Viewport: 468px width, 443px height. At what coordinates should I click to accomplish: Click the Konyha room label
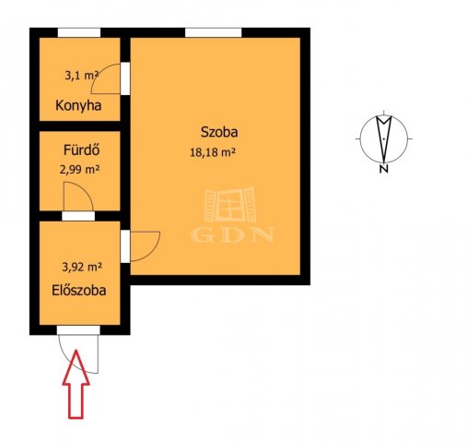click(x=77, y=105)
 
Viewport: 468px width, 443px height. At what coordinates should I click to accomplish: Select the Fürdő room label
click(x=81, y=149)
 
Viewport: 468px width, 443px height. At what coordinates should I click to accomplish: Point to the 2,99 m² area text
click(x=81, y=169)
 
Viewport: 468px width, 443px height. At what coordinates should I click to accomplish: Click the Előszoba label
click(x=78, y=290)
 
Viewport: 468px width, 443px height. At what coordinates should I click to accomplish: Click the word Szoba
click(x=220, y=131)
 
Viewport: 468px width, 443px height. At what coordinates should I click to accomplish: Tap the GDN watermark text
click(x=233, y=234)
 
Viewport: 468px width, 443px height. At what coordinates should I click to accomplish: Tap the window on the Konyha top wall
click(x=78, y=32)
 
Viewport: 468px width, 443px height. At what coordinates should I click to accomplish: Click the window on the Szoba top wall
click(x=207, y=32)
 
